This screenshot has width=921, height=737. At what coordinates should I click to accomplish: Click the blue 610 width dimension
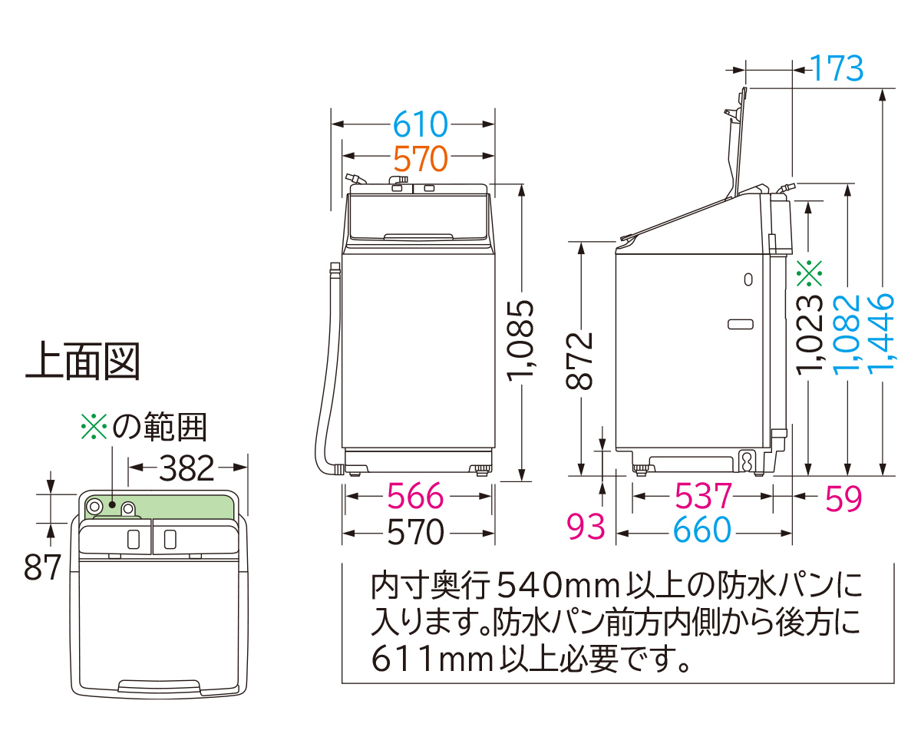coord(419,124)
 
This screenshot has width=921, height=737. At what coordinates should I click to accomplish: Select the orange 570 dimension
coord(419,159)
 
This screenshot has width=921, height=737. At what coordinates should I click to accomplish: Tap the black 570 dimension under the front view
coord(414,532)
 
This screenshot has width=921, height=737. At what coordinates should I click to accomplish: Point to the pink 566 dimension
coord(414,497)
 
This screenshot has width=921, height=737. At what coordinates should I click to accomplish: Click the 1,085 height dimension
coord(520,342)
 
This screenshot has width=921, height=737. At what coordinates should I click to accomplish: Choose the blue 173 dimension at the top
coord(837,70)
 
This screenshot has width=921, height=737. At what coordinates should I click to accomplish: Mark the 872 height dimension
coord(582,361)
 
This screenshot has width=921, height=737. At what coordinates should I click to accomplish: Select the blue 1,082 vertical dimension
coord(847,334)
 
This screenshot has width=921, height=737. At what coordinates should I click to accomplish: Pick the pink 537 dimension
coord(703,497)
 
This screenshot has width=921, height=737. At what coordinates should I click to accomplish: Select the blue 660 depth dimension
coord(703,530)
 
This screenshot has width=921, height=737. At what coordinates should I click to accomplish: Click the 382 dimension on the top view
coord(187,468)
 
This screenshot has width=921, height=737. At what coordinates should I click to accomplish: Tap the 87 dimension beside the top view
coord(42,569)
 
